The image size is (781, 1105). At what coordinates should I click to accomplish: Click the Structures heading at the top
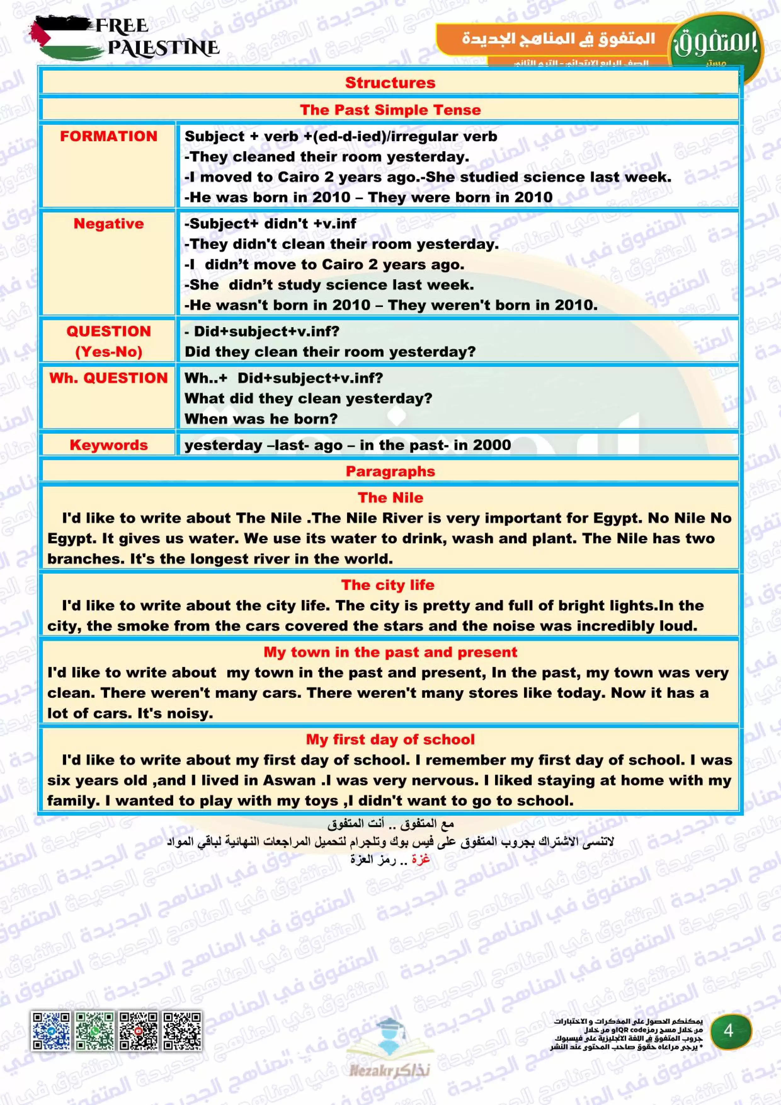click(390, 83)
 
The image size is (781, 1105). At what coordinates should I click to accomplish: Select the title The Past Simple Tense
click(390, 110)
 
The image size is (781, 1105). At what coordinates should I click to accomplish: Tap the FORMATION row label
click(109, 136)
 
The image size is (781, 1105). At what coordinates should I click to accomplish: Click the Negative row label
click(109, 223)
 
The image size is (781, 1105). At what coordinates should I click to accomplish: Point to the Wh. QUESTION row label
click(109, 378)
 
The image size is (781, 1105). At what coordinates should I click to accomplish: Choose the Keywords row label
click(109, 445)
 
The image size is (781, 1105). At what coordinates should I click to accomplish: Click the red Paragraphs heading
click(390, 471)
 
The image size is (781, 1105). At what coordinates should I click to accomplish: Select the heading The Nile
click(390, 497)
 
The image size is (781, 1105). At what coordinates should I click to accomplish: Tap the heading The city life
click(388, 585)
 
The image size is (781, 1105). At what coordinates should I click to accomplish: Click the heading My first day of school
click(390, 739)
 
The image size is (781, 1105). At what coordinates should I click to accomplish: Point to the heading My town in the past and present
click(390, 652)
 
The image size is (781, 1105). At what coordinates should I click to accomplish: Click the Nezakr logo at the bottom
click(390, 1049)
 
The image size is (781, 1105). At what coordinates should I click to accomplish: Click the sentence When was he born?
click(261, 419)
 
